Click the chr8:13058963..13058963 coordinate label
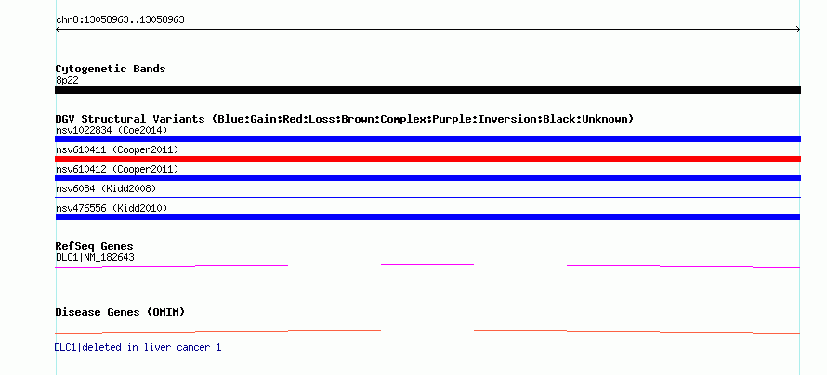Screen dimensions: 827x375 [x=120, y=20]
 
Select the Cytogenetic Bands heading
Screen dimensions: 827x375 [x=111, y=69]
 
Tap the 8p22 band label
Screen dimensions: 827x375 [x=67, y=80]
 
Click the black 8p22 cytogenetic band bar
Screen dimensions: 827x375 [x=427, y=90]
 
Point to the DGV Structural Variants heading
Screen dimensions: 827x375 [x=345, y=119]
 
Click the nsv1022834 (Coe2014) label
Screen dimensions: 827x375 [x=112, y=130]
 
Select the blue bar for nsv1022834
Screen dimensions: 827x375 [x=427, y=139]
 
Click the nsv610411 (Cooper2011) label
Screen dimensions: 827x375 [x=117, y=150]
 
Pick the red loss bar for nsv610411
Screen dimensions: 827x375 [x=427, y=159]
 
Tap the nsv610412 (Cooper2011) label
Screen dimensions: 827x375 [x=117, y=170]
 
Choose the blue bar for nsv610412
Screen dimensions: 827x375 [x=427, y=178]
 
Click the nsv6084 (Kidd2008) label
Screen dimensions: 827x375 [x=106, y=188]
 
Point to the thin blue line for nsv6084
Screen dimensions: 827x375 [x=427, y=197]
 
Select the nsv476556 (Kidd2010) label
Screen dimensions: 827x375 [x=112, y=209]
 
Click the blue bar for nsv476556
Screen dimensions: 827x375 [x=427, y=217]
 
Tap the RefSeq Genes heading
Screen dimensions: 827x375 [x=95, y=246]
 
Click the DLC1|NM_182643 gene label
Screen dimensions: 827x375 [x=95, y=257]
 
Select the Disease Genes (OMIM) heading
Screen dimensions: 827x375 [x=120, y=312]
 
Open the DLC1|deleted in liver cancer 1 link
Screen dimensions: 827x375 [x=138, y=347]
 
